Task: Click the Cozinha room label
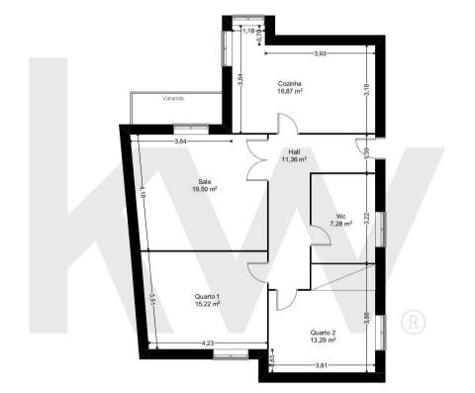290,84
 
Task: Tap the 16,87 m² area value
290,91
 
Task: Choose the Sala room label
205,182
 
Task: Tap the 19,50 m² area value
205,189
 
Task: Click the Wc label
340,216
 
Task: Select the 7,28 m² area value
340,224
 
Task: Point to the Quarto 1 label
207,296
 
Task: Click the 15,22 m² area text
207,304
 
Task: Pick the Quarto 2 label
323,332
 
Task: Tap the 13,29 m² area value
323,340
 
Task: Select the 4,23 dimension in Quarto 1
208,344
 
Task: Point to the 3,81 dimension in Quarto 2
321,365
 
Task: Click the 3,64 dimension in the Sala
181,143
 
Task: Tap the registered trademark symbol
412,322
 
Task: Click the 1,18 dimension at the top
250,31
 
